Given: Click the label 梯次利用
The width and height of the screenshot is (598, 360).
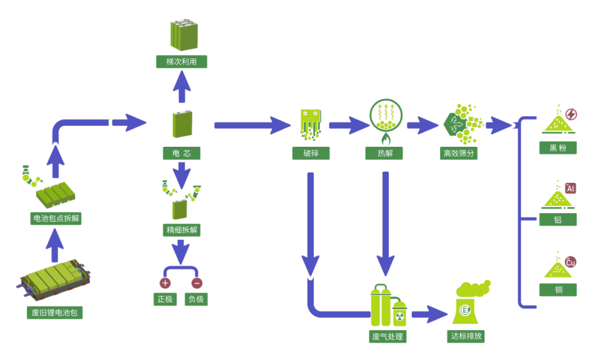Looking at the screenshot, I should click(182, 61).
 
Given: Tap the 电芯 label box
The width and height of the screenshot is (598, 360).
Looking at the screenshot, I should click(182, 153).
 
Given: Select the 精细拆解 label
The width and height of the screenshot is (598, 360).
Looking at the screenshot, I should click(182, 229).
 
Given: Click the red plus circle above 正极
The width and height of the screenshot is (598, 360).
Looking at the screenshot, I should click(165, 282).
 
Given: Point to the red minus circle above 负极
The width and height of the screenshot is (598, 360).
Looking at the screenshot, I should click(197, 282).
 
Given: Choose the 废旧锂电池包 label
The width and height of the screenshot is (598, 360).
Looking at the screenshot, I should click(54, 312).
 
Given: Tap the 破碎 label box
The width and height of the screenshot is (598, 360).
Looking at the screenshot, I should click(311, 153).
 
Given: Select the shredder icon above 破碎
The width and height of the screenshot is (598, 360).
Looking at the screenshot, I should click(311, 123).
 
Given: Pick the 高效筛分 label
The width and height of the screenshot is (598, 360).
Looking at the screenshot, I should click(460, 153).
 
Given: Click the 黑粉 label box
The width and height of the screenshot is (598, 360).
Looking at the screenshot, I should click(558, 147).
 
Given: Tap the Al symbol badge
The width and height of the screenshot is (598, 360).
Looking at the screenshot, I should click(570, 189).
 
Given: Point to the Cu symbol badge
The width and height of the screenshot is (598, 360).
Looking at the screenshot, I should click(570, 262).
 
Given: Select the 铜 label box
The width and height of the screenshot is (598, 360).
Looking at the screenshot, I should click(558, 290).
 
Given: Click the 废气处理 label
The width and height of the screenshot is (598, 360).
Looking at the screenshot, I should click(388, 336).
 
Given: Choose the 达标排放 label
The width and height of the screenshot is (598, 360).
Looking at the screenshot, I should click(466, 336).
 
